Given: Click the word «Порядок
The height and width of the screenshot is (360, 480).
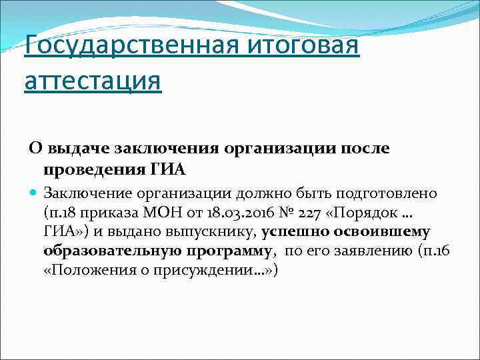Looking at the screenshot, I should pos(362,213).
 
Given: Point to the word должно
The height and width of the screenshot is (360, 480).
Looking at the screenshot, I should pos(265,194).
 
